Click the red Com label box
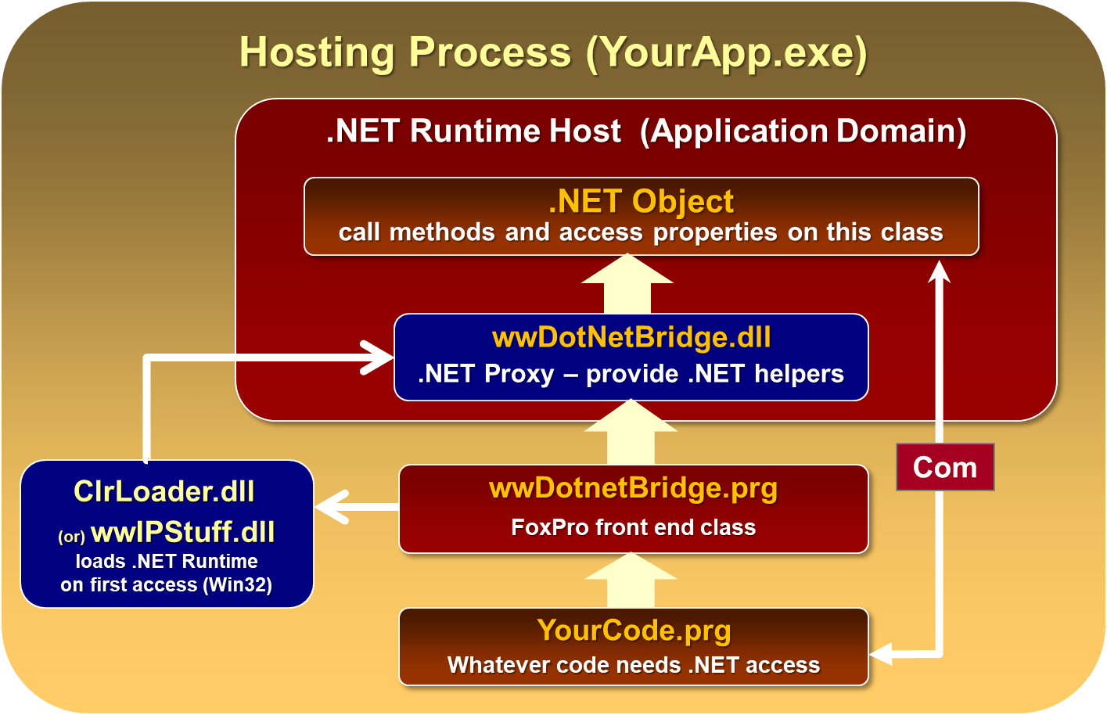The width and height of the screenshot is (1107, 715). (945, 467)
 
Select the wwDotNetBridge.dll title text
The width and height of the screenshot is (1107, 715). (631, 337)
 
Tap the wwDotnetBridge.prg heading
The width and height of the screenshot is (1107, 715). (633, 488)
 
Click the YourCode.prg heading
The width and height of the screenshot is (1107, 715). (634, 631)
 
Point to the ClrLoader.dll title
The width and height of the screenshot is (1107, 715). (164, 491)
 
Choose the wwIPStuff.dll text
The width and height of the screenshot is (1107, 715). (183, 533)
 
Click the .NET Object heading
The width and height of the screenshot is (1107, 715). (641, 201)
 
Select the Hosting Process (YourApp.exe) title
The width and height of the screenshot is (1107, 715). (553, 52)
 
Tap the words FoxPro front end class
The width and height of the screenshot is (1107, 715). (633, 527)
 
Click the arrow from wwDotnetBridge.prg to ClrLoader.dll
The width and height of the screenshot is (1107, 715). (352, 507)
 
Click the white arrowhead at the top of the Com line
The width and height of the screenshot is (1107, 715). (939, 272)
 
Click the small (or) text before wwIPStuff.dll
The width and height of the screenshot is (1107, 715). (71, 537)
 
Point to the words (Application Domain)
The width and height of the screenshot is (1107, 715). (803, 131)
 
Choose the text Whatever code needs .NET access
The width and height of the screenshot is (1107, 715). (633, 665)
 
